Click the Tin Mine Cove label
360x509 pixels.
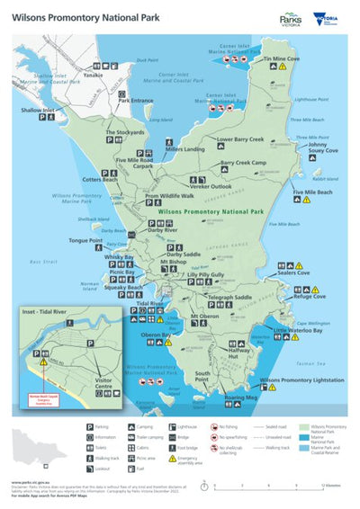(x=281, y=58)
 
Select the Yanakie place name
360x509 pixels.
(x=93, y=76)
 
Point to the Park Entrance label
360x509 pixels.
(x=136, y=101)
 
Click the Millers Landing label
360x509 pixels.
(x=186, y=148)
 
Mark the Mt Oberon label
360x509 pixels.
(x=206, y=316)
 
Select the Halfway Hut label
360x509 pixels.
(x=239, y=355)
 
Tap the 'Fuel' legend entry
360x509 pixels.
(x=140, y=468)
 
